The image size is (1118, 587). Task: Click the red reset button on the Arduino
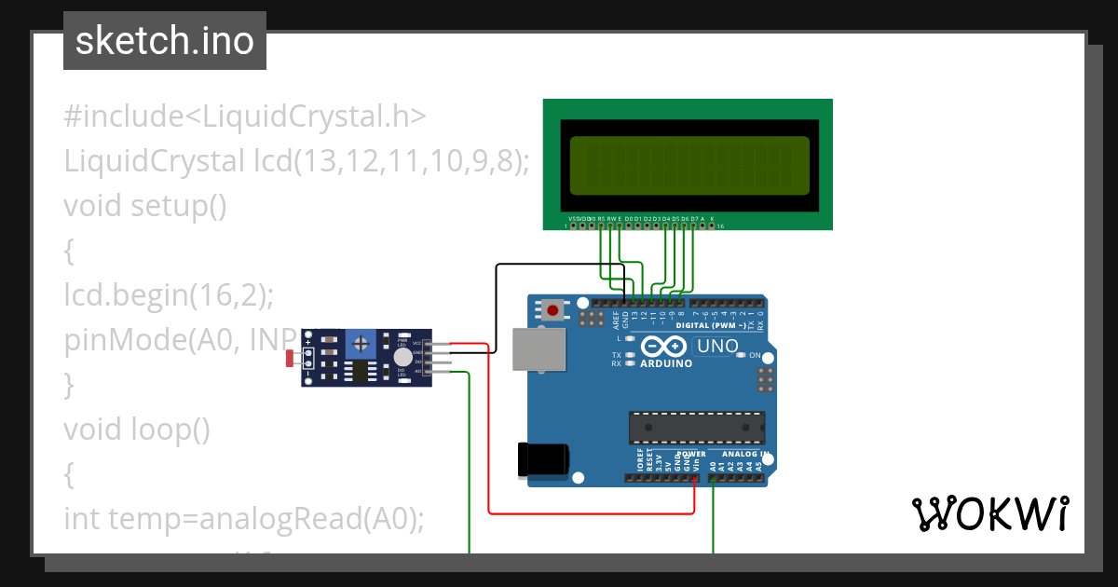[553, 309]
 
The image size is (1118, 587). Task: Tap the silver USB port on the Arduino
[538, 350]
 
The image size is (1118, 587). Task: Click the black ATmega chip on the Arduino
[696, 427]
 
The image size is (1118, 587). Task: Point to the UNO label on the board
[717, 347]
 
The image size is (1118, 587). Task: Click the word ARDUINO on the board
[666, 363]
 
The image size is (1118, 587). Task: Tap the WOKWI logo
[989, 513]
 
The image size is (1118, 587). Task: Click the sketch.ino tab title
[165, 41]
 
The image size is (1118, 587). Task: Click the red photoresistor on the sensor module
[290, 357]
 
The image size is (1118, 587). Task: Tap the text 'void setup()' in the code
[145, 204]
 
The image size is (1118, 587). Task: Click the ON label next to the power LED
[756, 356]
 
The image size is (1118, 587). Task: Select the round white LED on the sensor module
[402, 357]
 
